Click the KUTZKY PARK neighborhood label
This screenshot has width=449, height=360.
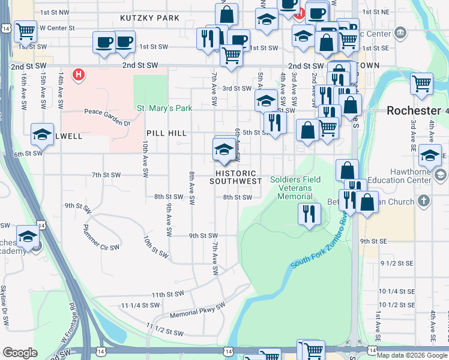tap(149, 18)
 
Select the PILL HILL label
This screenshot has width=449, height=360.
tap(166, 133)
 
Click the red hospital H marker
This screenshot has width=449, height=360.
tap(78, 75)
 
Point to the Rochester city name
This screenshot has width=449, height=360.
tap(414, 111)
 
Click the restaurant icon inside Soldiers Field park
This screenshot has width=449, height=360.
tap(309, 214)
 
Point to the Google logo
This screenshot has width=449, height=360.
tap(20, 353)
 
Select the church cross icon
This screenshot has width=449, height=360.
tap(424, 201)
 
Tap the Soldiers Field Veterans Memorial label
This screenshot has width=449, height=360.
tap(295, 188)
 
